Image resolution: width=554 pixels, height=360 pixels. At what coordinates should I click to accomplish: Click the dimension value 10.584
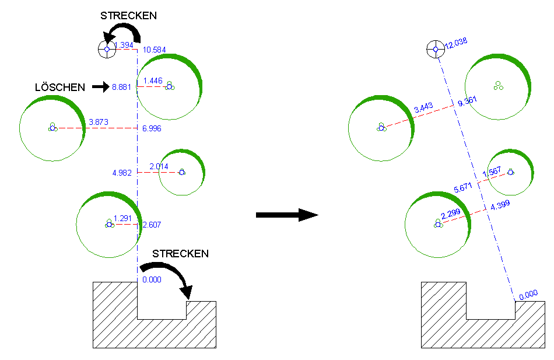154,50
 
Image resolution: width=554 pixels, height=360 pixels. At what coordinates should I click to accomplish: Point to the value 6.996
152,128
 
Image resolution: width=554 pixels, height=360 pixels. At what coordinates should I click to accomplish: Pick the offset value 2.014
159,167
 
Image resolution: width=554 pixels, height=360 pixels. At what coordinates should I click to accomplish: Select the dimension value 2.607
152,224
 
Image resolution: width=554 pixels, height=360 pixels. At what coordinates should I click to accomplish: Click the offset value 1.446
152,80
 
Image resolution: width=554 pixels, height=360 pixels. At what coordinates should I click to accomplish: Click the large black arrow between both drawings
287,215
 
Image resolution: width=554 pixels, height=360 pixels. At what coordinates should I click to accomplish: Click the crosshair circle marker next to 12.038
434,49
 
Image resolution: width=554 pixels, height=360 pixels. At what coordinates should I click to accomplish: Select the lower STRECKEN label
180,254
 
